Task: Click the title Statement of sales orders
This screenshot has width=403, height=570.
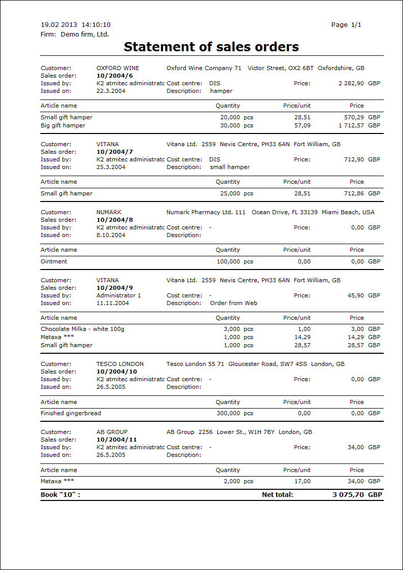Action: (211, 47)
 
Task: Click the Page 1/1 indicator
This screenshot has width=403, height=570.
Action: (346, 25)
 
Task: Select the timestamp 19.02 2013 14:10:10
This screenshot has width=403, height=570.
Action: (76, 25)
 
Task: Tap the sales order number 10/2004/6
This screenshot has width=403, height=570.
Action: (115, 76)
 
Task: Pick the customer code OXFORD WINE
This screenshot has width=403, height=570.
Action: (118, 68)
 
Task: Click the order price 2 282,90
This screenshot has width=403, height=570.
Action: (351, 83)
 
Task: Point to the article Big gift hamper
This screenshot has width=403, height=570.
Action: (63, 125)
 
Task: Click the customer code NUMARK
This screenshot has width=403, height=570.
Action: (109, 212)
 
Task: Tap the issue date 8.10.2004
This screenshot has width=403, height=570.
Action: (111, 235)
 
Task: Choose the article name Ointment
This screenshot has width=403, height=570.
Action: (54, 261)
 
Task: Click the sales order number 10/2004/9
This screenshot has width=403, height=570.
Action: (115, 288)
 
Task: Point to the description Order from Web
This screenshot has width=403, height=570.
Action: (233, 303)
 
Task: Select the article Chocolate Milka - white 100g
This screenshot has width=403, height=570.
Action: (82, 329)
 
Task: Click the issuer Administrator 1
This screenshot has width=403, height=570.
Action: (119, 295)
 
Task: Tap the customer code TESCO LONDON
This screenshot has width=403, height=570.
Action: (120, 364)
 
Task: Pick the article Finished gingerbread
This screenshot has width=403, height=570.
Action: (71, 413)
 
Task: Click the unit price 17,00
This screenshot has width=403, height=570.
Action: (303, 481)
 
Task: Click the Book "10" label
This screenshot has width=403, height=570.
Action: (60, 494)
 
